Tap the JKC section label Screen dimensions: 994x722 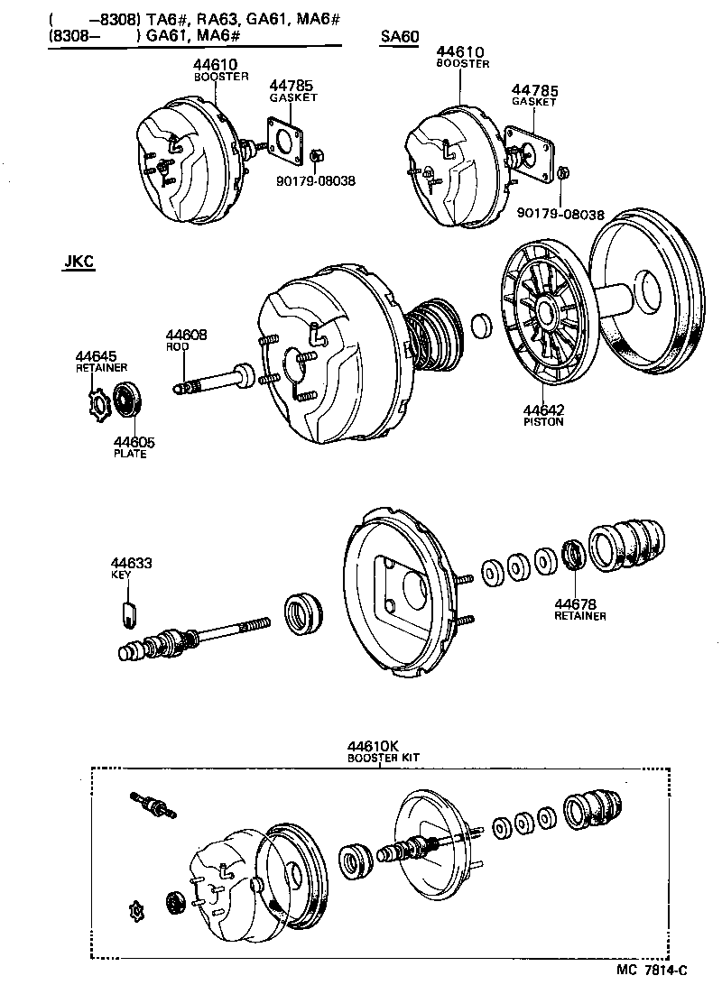(79, 262)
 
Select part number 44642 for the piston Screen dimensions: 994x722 (542, 410)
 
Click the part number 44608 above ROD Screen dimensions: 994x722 (187, 335)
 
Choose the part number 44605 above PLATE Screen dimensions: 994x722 (134, 442)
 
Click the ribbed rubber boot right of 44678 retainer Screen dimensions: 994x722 (630, 544)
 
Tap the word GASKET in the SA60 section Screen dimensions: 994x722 (534, 102)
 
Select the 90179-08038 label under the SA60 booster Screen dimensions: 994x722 (560, 215)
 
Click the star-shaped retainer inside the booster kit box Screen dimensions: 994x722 (139, 908)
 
